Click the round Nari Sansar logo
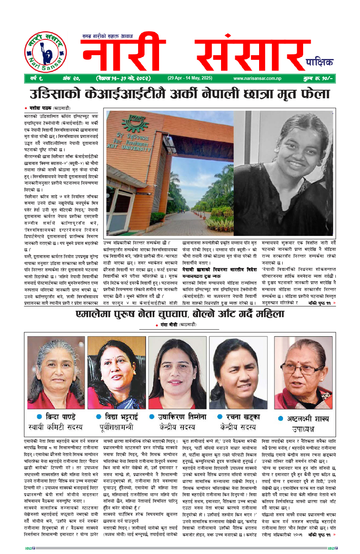[x=45, y=52]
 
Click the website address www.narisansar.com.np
[x=257, y=78]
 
